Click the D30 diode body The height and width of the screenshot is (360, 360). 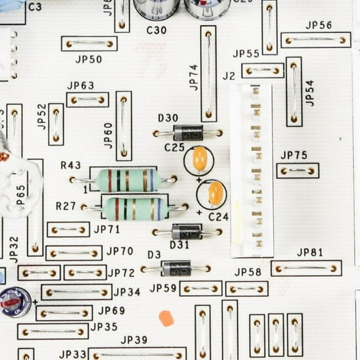(x=188, y=133)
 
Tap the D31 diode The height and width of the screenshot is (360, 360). (x=187, y=232)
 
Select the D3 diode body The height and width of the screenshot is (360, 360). (x=176, y=269)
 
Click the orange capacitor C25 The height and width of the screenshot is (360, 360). (x=199, y=159)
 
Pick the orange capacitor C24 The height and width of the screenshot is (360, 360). (x=216, y=193)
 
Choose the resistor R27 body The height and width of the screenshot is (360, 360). (x=135, y=209)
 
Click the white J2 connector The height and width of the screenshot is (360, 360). (x=251, y=171)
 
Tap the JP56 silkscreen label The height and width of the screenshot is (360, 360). (x=319, y=26)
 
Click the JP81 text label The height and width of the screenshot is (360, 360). (x=310, y=252)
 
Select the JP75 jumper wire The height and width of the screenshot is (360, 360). (x=297, y=171)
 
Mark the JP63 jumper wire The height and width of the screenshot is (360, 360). (x=87, y=99)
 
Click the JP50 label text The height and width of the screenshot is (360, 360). (x=89, y=59)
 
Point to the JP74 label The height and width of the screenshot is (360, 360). (x=193, y=77)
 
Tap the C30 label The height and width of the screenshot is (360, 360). (x=156, y=29)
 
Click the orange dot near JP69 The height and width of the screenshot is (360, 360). (x=166, y=318)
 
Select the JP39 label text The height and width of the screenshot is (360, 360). (x=134, y=340)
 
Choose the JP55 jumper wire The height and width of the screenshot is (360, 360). (x=262, y=71)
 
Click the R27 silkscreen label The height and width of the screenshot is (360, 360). (x=66, y=206)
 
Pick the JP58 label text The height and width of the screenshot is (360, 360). (x=247, y=272)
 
